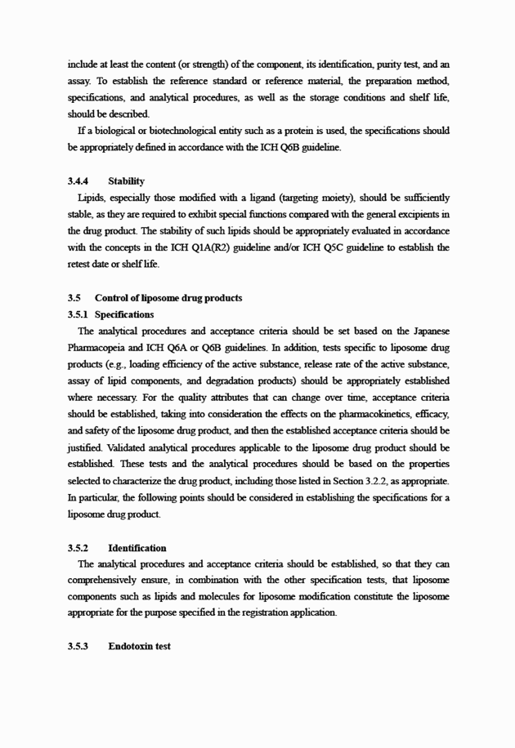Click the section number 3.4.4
tap(78, 181)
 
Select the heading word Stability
tap(126, 181)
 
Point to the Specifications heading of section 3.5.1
tap(124, 314)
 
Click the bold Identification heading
tap(137, 548)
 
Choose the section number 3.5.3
tap(78, 646)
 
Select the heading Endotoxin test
tap(139, 646)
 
